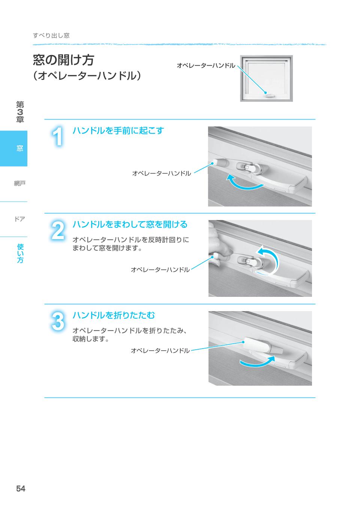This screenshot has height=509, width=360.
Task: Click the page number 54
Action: pyautogui.click(x=21, y=488)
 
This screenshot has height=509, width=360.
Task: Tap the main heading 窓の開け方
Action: pyautogui.click(x=63, y=60)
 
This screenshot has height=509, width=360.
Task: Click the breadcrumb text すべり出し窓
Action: pyautogui.click(x=51, y=36)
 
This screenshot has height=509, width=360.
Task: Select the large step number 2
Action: pyautogui.click(x=58, y=231)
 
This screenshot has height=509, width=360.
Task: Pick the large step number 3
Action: pyautogui.click(x=58, y=321)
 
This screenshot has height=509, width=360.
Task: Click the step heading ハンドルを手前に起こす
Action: pyautogui.click(x=118, y=131)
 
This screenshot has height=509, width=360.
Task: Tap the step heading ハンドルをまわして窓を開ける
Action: pyautogui.click(x=130, y=225)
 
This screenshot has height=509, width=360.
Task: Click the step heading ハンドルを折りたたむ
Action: pyautogui.click(x=114, y=315)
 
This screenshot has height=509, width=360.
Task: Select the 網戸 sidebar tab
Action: pyautogui.click(x=19, y=183)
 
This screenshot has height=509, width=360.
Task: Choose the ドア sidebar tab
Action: pyautogui.click(x=19, y=219)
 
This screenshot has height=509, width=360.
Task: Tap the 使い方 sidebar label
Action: pyautogui.click(x=20, y=253)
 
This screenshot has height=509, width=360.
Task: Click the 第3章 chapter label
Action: pyautogui.click(x=20, y=112)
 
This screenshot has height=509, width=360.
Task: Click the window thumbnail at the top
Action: pyautogui.click(x=266, y=78)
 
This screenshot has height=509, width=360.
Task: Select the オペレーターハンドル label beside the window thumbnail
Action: pyautogui.click(x=206, y=66)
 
